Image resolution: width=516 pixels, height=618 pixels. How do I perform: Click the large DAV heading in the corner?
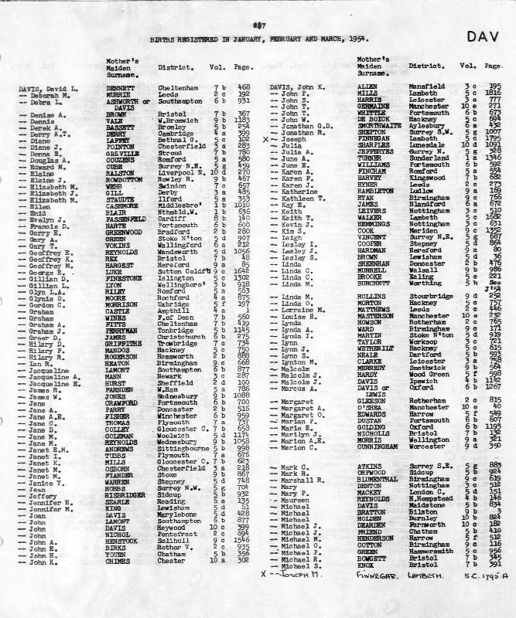click(482, 36)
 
